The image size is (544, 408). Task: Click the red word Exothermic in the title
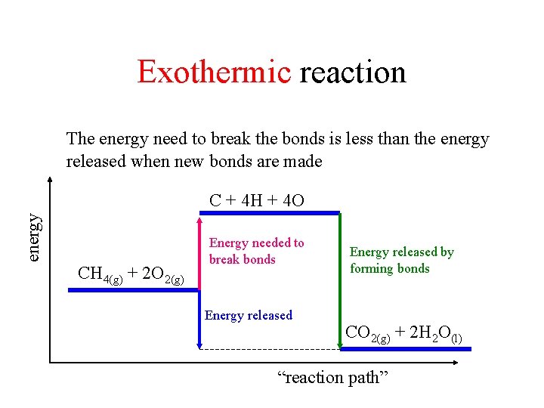tap(214, 73)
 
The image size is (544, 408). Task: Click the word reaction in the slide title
tap(353, 73)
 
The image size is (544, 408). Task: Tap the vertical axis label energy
tap(34, 237)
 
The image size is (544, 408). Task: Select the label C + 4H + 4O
tap(257, 200)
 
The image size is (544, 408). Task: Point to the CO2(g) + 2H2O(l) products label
tap(403, 332)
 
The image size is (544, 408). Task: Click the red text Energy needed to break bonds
tap(256, 251)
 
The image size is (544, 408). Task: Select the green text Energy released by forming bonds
tap(401, 260)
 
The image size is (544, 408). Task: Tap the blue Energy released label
tap(248, 315)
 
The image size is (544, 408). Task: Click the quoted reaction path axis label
tap(333, 377)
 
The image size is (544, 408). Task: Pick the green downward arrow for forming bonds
tap(341, 280)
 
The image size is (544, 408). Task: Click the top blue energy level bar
tap(268, 214)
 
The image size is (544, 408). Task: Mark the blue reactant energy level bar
tap(131, 291)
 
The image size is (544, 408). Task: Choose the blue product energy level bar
tap(405, 348)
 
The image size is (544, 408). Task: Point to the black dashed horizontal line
tap(269, 349)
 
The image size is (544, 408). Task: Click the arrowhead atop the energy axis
tap(50, 180)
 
